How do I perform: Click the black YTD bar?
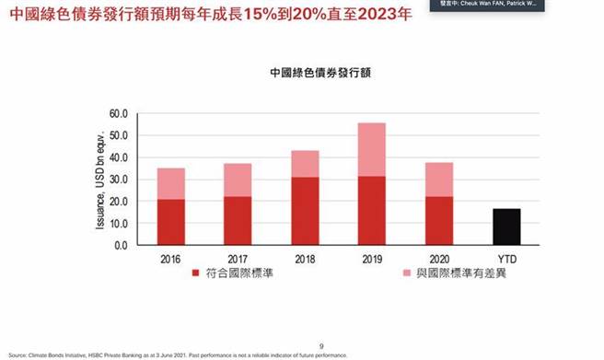click(x=505, y=226)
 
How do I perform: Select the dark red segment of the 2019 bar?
click(x=371, y=210)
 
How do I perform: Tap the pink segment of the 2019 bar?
click(x=371, y=149)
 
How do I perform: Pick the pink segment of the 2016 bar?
click(x=170, y=183)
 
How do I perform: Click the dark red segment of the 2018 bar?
click(x=305, y=211)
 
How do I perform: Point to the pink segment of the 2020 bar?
click(x=438, y=180)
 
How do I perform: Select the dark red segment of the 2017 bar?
click(x=238, y=220)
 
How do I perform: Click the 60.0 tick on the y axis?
click(x=120, y=114)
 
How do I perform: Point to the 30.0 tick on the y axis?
click(x=120, y=180)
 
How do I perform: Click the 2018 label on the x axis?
click(x=305, y=259)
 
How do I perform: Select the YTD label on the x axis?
click(x=505, y=259)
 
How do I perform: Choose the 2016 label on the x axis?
click(x=170, y=259)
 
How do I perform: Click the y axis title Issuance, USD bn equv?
click(x=99, y=180)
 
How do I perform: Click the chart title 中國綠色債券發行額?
click(x=313, y=70)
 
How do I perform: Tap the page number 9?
click(x=321, y=345)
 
